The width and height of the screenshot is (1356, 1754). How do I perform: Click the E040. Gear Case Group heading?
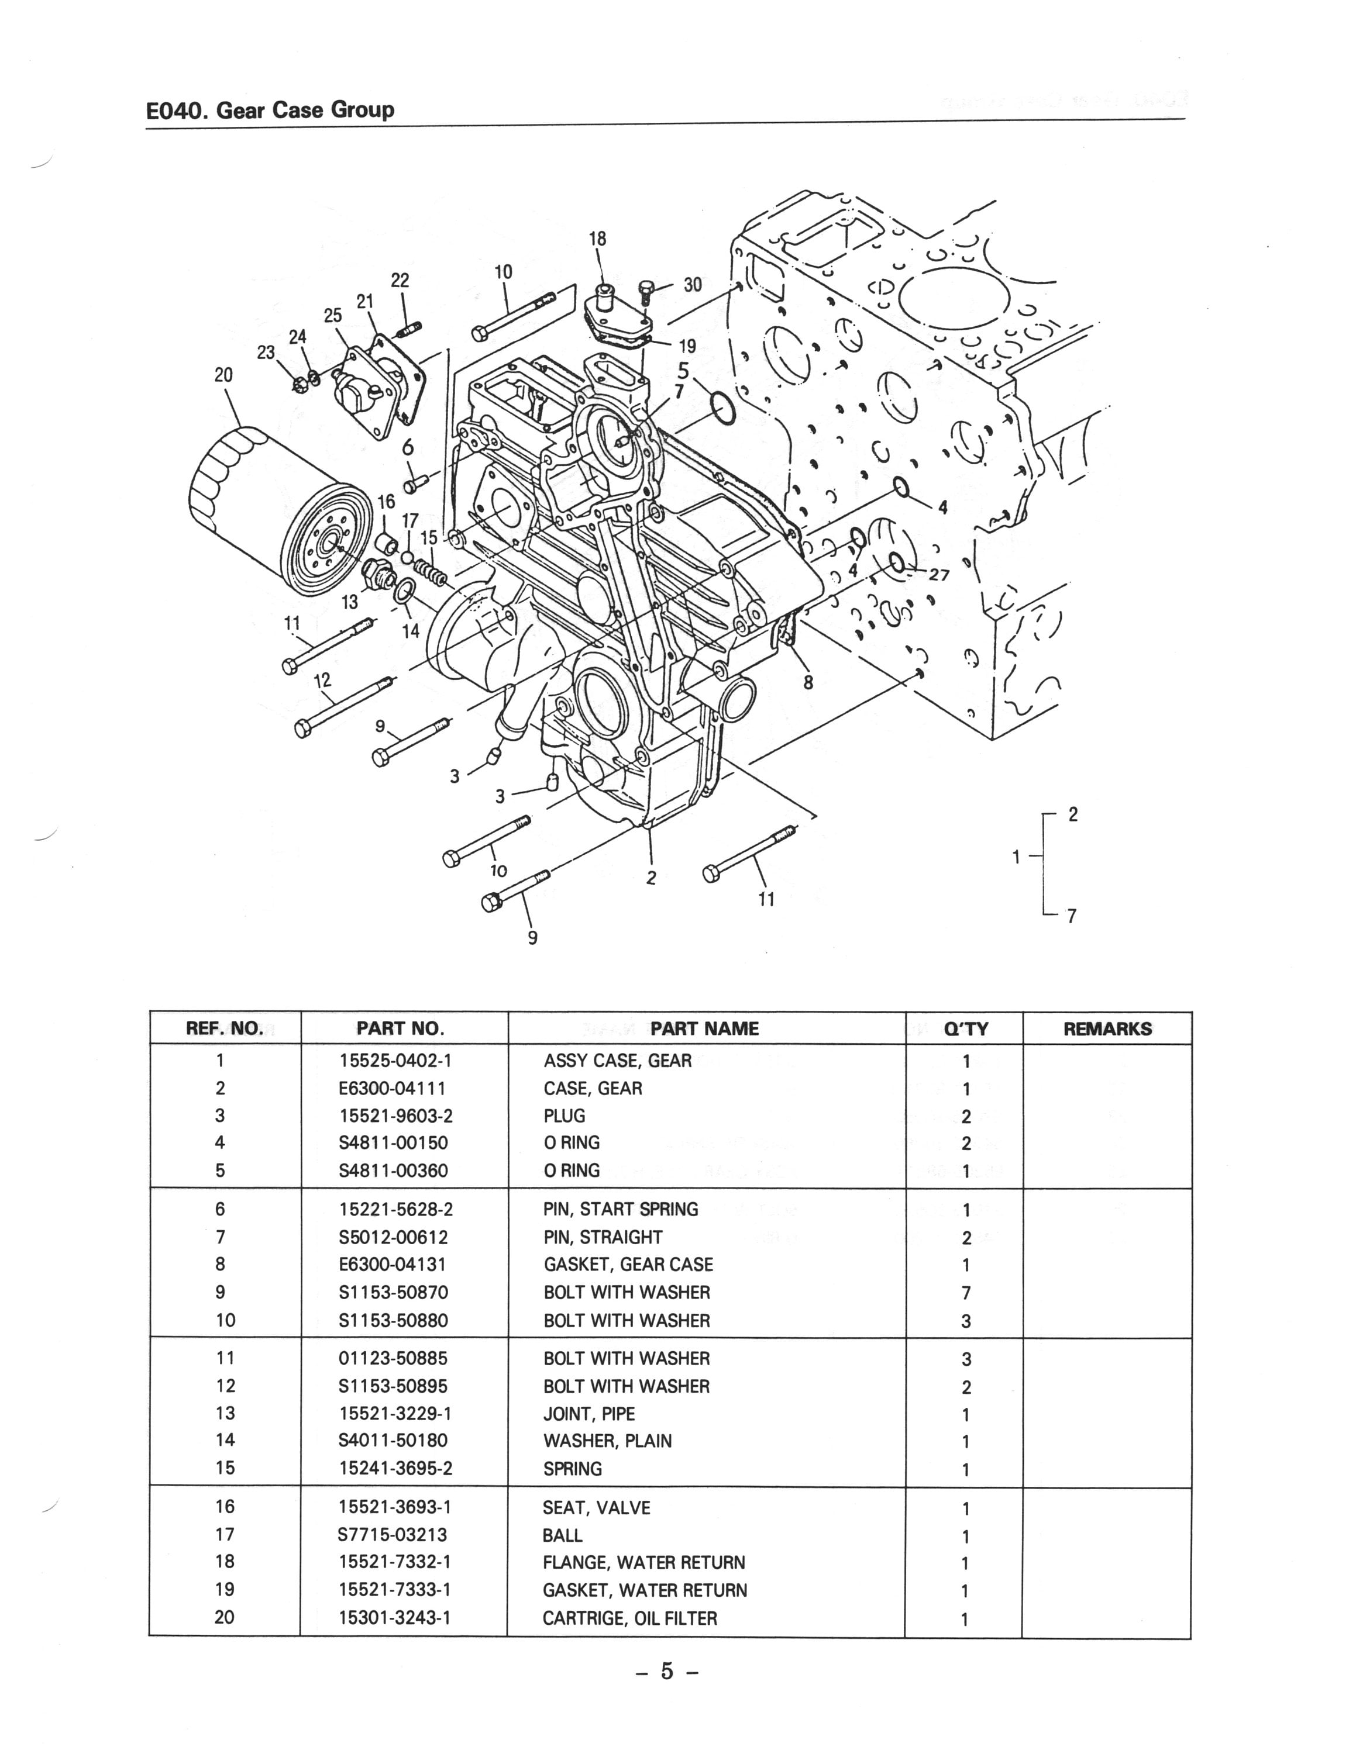click(x=270, y=110)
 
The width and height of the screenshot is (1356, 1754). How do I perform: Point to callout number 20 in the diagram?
click(x=223, y=375)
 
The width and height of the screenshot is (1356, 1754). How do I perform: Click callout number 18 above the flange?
click(x=598, y=239)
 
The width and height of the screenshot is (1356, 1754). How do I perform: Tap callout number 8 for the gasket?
click(x=808, y=683)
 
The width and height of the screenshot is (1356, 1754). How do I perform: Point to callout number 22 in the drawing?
click(x=399, y=280)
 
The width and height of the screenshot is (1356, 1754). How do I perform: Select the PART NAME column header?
click(x=704, y=1029)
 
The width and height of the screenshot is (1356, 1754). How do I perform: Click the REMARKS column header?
click(x=1107, y=1029)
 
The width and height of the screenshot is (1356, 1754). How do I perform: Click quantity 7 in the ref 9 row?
click(x=966, y=1293)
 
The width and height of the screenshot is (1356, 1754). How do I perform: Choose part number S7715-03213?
click(x=393, y=1535)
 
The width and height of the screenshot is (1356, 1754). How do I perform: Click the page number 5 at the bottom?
click(x=667, y=1672)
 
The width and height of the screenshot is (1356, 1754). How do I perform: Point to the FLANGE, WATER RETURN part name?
click(x=643, y=1562)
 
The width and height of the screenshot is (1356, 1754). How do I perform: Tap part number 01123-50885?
click(x=393, y=1359)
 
